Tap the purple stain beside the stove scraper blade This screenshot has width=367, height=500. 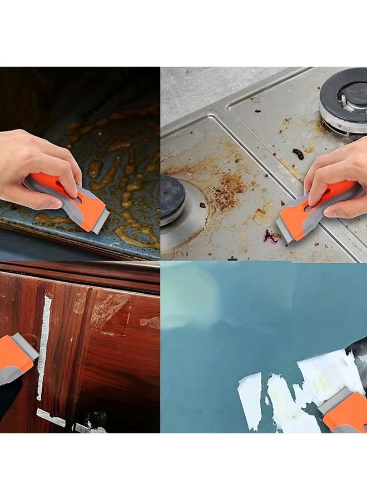click(271, 237)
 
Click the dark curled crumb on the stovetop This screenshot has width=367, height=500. click(299, 154)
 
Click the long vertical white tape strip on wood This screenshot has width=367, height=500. click(43, 347)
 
